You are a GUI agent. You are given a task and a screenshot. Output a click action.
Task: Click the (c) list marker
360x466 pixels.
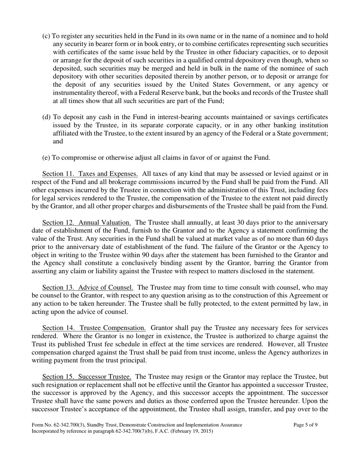(x=46, y=36)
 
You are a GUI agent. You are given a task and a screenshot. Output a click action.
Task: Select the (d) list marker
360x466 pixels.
(x=46, y=117)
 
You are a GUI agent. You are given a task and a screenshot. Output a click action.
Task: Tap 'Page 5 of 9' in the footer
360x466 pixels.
(x=305, y=425)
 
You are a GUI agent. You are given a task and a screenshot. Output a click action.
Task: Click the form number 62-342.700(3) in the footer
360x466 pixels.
(x=70, y=425)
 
